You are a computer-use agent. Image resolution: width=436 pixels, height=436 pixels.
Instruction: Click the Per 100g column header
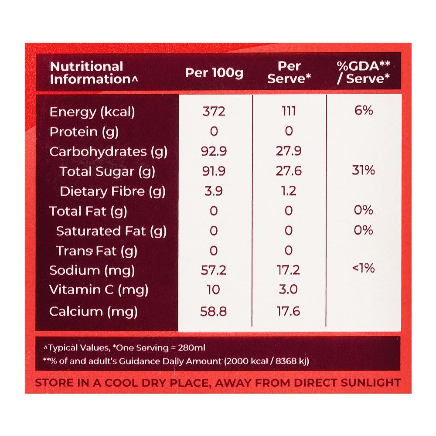[214, 72]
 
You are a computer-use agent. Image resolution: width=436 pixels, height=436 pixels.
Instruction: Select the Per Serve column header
[289, 72]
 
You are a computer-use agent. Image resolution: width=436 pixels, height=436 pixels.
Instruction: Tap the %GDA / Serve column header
[364, 72]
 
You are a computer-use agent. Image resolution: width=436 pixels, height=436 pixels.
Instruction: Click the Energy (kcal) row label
[92, 112]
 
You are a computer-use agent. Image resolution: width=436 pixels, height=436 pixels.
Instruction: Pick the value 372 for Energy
[214, 112]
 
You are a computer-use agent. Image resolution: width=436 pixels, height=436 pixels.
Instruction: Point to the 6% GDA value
[364, 111]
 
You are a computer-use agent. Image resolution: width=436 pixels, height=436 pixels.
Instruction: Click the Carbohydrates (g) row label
[109, 152]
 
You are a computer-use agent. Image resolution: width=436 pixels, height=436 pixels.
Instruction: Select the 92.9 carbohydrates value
[214, 151]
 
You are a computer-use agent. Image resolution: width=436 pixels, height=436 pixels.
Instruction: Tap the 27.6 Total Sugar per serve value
[289, 171]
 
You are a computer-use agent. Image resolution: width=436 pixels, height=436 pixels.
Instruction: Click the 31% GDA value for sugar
[364, 170]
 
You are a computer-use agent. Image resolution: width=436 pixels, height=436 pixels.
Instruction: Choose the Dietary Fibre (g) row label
[112, 191]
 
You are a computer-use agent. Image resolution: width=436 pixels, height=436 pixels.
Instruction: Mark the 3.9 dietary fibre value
[214, 191]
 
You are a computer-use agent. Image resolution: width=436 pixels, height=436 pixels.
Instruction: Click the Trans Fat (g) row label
[96, 251]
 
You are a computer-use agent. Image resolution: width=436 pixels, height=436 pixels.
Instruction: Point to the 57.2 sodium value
[214, 270]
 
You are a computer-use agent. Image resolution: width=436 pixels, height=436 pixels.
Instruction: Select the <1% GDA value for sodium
[364, 268]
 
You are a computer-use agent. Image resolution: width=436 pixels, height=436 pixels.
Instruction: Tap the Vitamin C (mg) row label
[99, 290]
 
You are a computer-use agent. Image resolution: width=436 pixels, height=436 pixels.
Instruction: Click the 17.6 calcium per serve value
[289, 312]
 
